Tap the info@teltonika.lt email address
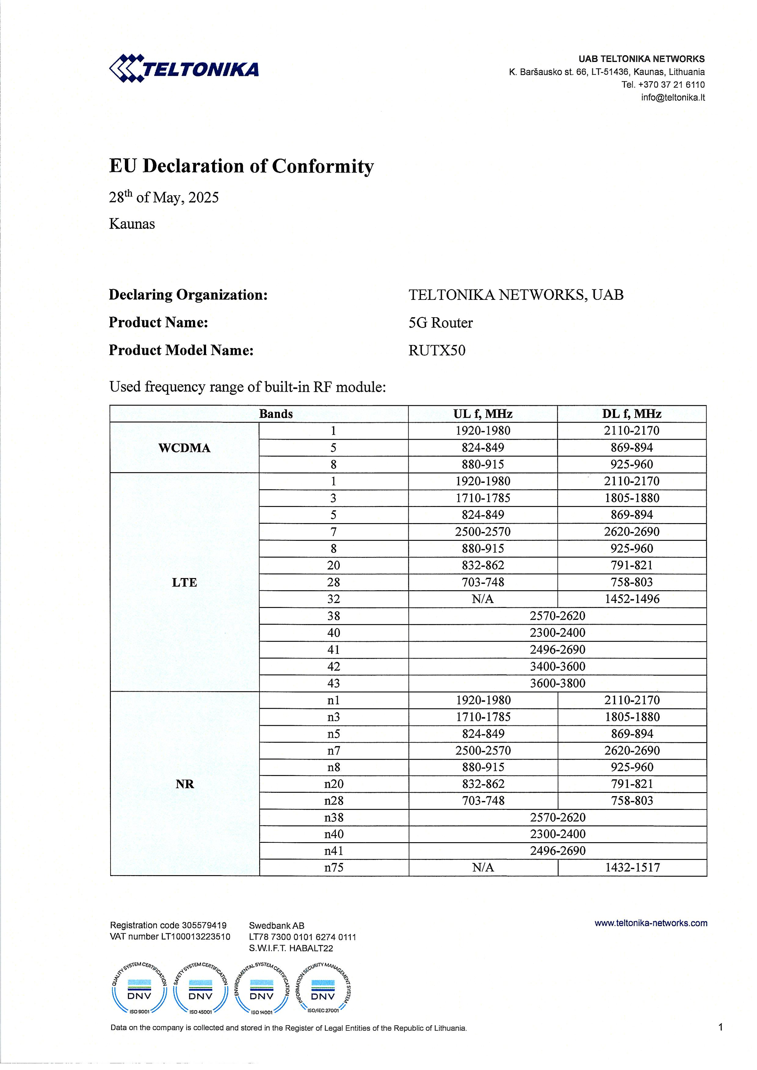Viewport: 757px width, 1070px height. (673, 97)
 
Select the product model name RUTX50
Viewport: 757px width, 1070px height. (437, 351)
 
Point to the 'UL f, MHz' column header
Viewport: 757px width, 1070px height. (482, 414)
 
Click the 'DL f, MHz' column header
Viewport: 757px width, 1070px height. (631, 414)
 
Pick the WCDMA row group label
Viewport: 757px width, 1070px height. (184, 448)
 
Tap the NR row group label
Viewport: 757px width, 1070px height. (184, 784)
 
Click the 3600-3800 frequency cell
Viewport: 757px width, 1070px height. (558, 683)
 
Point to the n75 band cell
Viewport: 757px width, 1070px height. (334, 867)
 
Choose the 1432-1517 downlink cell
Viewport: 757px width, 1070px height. (632, 867)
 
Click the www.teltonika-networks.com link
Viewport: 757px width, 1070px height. (651, 923)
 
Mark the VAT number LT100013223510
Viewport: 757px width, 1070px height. (170, 937)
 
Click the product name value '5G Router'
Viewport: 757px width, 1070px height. (441, 322)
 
